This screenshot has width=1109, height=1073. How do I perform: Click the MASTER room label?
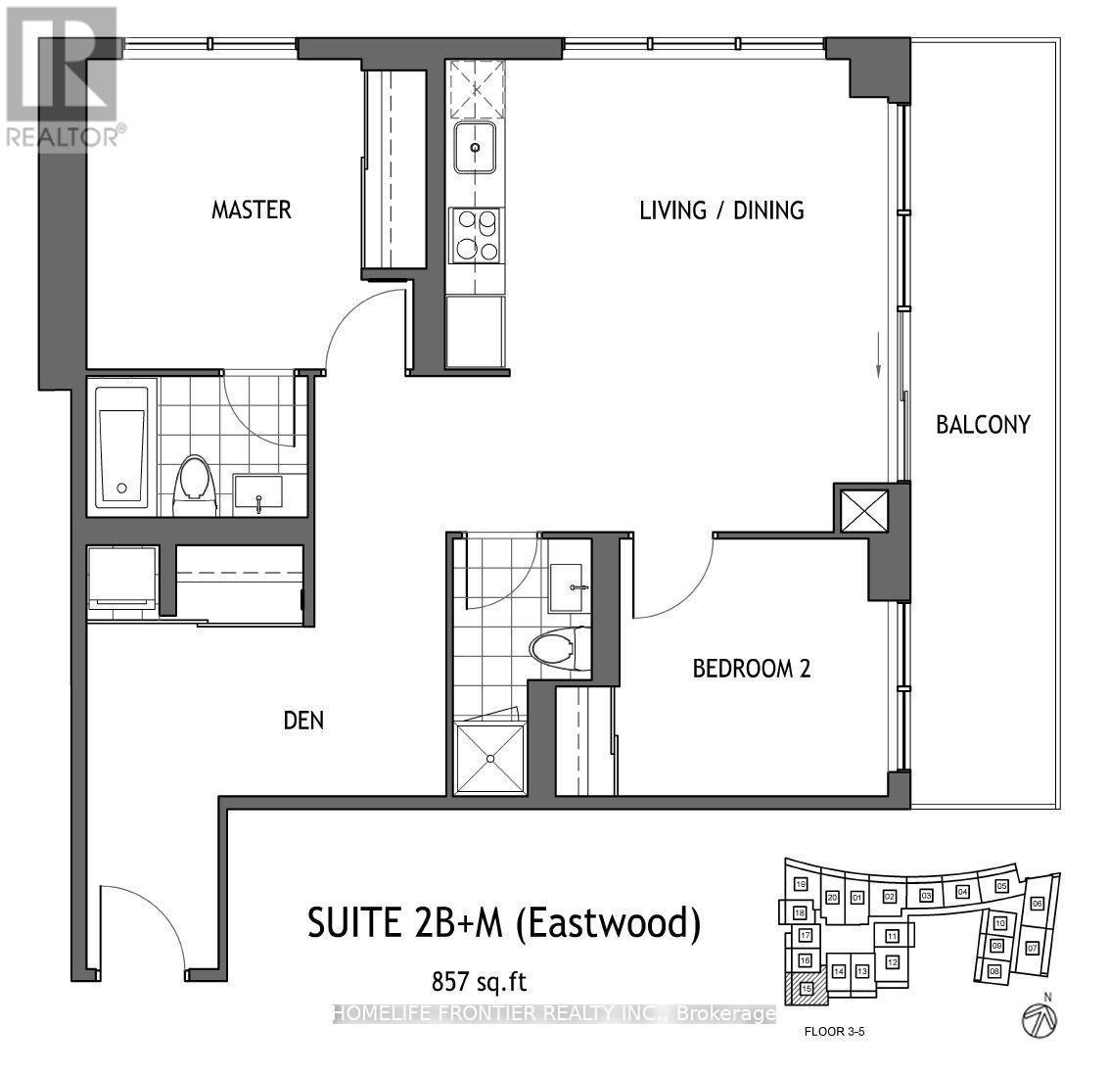click(x=252, y=210)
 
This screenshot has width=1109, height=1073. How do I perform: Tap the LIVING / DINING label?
click(x=721, y=210)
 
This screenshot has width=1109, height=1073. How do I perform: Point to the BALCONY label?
click(x=982, y=425)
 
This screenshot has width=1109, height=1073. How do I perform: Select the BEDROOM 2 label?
click(x=752, y=669)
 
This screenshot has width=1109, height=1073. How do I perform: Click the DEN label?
click(x=303, y=722)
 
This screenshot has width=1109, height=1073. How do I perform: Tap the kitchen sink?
click(x=475, y=148)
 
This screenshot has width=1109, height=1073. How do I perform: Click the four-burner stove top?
click(x=475, y=236)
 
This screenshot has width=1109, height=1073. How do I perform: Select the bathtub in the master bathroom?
click(x=122, y=447)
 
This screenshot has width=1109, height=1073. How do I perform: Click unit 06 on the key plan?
click(x=1037, y=903)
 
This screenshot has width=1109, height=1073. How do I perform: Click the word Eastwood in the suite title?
click(x=623, y=924)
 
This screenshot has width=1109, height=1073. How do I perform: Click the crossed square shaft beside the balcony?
click(x=863, y=510)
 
